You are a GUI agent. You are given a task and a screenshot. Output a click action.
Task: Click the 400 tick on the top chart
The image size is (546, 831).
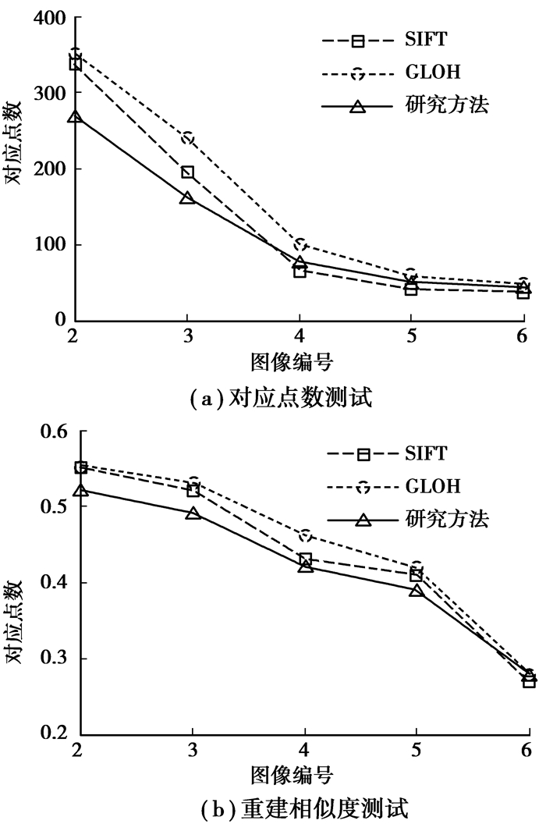tap(48, 18)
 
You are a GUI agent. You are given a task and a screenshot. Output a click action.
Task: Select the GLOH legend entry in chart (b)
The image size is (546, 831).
tap(433, 487)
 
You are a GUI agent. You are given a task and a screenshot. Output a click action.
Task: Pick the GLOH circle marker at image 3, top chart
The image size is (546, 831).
tap(187, 139)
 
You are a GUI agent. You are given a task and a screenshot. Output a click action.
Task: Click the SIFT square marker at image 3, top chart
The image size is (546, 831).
tap(187, 172)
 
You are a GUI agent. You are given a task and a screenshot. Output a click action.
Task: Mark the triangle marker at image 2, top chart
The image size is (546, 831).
tap(76, 117)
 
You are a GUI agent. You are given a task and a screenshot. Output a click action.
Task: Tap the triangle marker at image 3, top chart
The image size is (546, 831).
tap(187, 198)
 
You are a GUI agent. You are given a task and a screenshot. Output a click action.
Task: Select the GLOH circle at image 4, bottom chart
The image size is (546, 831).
tap(305, 535)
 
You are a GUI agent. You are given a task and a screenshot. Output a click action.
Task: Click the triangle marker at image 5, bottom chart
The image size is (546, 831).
tap(417, 591)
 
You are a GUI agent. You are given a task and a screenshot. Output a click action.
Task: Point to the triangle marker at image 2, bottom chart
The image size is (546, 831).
tap(81, 489)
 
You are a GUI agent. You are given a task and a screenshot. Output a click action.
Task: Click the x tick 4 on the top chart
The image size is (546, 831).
tap(300, 336)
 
